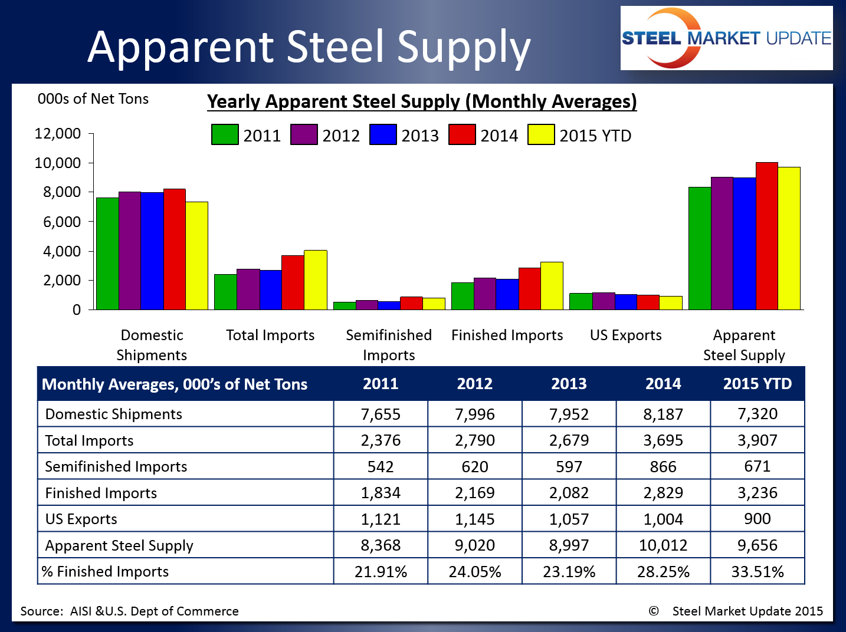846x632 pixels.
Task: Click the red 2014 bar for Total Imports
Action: coord(293,282)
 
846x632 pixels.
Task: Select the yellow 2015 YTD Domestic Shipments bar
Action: coord(197,256)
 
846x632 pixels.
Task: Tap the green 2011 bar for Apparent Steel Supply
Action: coord(700,248)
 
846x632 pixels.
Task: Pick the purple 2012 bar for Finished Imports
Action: coord(485,294)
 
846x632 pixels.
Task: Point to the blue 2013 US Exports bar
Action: coord(626,302)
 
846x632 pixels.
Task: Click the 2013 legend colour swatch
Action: coord(383,134)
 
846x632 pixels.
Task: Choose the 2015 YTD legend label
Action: coord(595,136)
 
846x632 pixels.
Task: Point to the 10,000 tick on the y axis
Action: coord(58,163)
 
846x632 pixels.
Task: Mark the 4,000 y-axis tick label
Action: coord(61,251)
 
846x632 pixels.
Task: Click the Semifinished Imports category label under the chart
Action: coord(389,345)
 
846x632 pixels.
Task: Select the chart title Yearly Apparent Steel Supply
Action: coord(422,101)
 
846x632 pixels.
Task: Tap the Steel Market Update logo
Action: coord(726,38)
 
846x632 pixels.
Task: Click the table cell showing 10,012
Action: coord(663,545)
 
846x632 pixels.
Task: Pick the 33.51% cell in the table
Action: coord(758,571)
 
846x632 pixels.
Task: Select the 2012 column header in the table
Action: coord(475,384)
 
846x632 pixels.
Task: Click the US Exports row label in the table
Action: coord(81,519)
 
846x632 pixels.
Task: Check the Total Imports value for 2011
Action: coord(381,440)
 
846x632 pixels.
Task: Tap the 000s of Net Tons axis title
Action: coord(93,99)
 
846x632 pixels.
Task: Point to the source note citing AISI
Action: coord(130,611)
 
